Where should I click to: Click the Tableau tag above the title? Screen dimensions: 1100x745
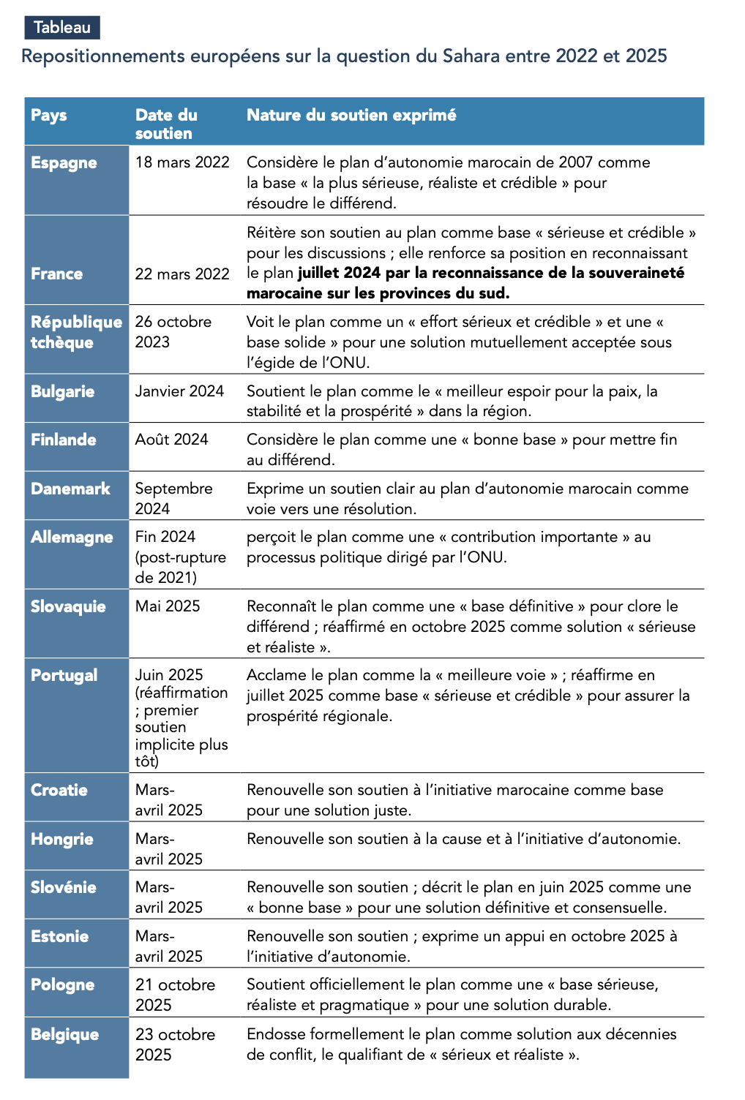tap(62, 28)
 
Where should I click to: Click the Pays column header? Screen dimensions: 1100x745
tap(49, 116)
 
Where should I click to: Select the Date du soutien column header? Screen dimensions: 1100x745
tap(166, 124)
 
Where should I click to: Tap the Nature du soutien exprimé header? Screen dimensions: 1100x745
tap(351, 116)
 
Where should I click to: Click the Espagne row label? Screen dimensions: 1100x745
tap(64, 163)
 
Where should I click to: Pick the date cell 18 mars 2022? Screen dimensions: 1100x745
tap(182, 162)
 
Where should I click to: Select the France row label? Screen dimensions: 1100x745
tap(57, 274)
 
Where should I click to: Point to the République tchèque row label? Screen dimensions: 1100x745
tap(76, 332)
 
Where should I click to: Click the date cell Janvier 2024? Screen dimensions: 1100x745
tap(179, 391)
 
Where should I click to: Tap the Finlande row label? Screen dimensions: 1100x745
tap(64, 440)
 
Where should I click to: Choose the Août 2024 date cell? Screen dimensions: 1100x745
tap(171, 440)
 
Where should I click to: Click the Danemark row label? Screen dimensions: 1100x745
tap(70, 489)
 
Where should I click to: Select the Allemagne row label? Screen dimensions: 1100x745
tap(72, 537)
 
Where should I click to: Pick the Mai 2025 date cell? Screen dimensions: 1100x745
tap(168, 606)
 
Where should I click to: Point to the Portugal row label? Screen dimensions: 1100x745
tap(64, 675)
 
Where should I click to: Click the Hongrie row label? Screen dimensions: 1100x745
tap(62, 839)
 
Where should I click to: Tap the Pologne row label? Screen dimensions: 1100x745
tap(63, 985)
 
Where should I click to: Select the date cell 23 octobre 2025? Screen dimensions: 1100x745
tap(175, 1044)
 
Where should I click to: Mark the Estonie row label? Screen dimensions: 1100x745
tap(60, 936)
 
